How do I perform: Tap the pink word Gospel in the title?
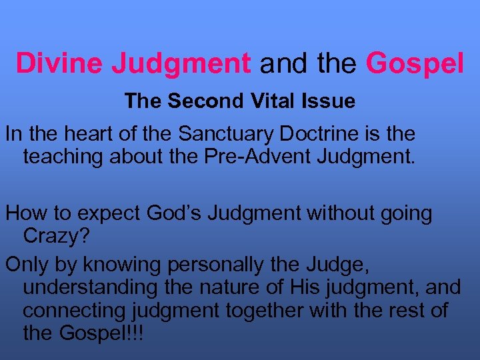pos(415,63)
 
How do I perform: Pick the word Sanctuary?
pos(221,133)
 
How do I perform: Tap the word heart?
pos(86,133)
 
